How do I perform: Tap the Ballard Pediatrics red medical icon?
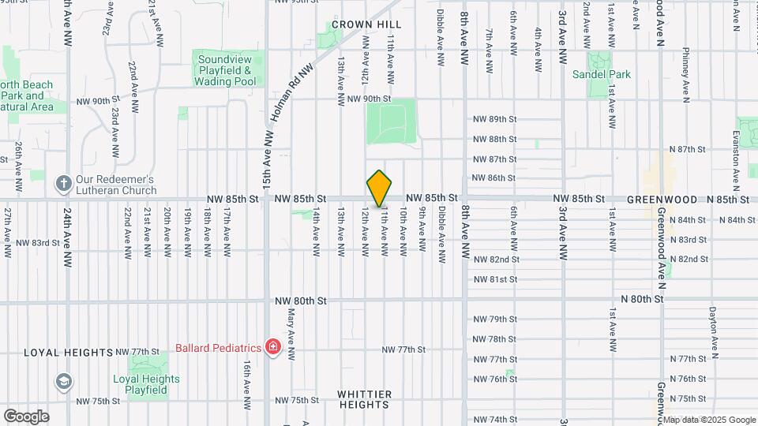273,347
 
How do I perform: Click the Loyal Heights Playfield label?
146,384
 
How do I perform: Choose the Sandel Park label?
602,74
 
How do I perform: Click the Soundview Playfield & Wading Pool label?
227,70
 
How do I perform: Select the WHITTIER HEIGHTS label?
364,398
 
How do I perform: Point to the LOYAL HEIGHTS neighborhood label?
69,352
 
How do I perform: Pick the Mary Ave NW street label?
291,345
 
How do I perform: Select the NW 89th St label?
494,119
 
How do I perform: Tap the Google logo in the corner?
25,416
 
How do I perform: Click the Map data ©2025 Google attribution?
708,420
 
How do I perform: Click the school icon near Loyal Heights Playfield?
62,382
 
